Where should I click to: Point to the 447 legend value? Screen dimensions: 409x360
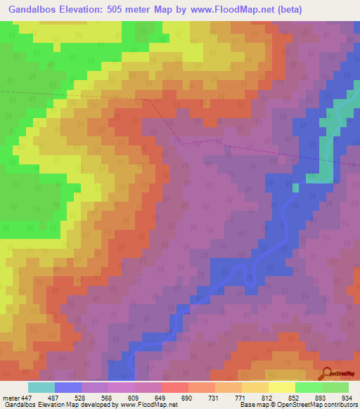[x=25, y=397]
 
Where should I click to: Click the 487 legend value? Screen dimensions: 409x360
[x=54, y=397]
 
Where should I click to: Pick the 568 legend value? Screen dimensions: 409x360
[x=108, y=397]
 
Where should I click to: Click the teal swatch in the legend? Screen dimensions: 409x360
[x=41, y=387]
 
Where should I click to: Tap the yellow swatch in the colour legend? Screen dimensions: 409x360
[x=281, y=387]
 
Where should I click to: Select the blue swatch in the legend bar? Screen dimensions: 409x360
[x=68, y=387]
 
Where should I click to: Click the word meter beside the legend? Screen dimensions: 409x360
[x=9, y=397]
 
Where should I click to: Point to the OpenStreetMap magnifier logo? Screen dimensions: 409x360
[x=326, y=373]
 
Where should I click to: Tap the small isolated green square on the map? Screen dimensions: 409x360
[x=295, y=187]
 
